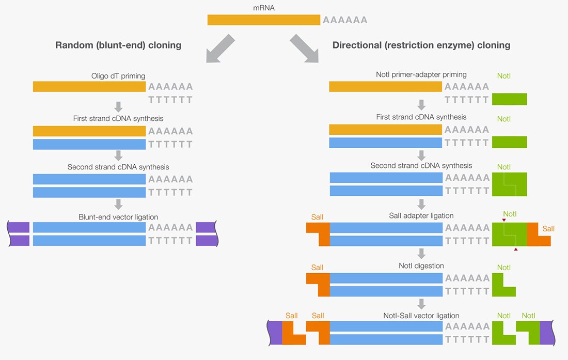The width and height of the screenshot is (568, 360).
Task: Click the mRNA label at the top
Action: (264, 8)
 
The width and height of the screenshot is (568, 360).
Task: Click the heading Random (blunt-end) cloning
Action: (118, 45)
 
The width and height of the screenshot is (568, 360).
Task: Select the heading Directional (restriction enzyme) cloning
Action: (421, 45)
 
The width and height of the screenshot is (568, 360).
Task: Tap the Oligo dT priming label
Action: (118, 76)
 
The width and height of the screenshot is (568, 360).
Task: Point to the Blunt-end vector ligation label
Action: (118, 217)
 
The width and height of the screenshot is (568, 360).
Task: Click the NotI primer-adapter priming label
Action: (421, 74)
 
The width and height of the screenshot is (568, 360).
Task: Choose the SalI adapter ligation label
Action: (421, 215)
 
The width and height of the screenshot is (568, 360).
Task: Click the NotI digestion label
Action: (421, 266)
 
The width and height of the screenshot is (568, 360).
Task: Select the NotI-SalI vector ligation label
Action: (421, 316)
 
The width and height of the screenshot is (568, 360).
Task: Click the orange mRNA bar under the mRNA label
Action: (264, 20)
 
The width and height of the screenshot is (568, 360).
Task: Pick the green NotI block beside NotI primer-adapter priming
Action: (509, 99)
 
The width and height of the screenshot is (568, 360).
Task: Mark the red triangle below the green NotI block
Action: (516, 249)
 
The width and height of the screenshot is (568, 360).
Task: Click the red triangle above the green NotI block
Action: (504, 220)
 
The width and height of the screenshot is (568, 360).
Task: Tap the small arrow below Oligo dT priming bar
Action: (118, 106)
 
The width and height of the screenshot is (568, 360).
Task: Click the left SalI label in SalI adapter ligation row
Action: (317, 217)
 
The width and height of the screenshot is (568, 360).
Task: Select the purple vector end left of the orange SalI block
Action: (275, 333)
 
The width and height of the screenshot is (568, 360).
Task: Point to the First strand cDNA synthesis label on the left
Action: (118, 118)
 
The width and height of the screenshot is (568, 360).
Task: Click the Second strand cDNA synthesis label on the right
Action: (421, 165)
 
